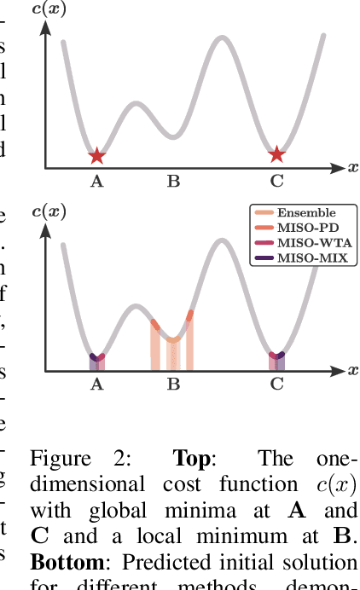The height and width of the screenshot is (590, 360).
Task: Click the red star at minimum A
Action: pyautogui.click(x=97, y=155)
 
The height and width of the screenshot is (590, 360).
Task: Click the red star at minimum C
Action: pyautogui.click(x=276, y=154)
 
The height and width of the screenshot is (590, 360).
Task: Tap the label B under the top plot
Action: pyautogui.click(x=173, y=181)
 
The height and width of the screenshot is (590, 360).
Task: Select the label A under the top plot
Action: pyautogui.click(x=96, y=181)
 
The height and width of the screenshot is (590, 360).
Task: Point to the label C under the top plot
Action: pyautogui.click(x=276, y=181)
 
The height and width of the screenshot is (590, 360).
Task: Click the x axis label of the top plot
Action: pyautogui.click(x=352, y=167)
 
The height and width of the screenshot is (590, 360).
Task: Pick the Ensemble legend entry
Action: pyautogui.click(x=306, y=212)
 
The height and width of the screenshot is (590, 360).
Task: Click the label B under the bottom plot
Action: pyautogui.click(x=173, y=385)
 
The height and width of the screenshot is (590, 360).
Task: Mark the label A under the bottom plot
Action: pyautogui.click(x=96, y=385)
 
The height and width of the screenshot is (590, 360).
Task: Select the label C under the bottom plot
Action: pyautogui.click(x=276, y=385)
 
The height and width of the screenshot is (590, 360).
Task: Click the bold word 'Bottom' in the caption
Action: pyautogui.click(x=67, y=564)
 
